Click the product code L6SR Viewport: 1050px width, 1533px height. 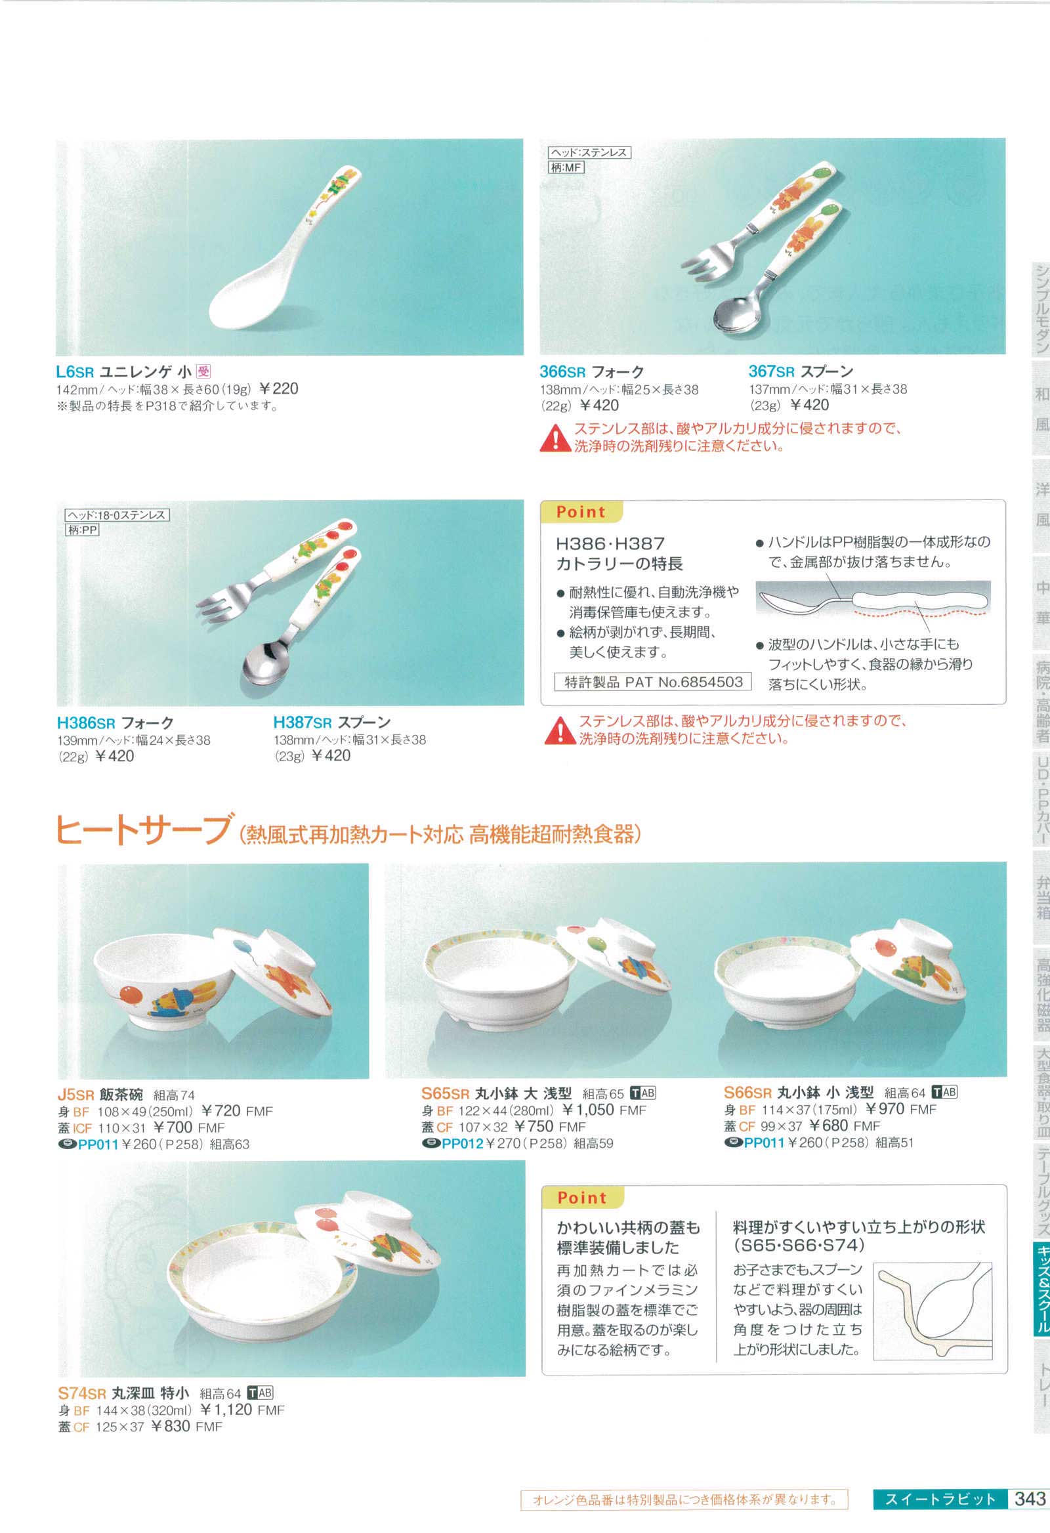[75, 372]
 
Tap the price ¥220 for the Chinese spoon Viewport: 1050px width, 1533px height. [279, 388]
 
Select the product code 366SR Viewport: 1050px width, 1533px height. [562, 372]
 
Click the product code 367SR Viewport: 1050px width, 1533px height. [772, 371]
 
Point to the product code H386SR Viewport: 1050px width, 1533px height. [87, 723]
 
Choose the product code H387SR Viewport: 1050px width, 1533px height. [303, 723]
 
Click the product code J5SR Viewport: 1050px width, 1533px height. [76, 1095]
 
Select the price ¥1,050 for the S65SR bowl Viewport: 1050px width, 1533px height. [588, 1110]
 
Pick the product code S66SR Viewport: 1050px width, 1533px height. [747, 1093]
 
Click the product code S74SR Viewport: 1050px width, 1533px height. [82, 1393]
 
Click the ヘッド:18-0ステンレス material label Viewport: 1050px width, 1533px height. [117, 515]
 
